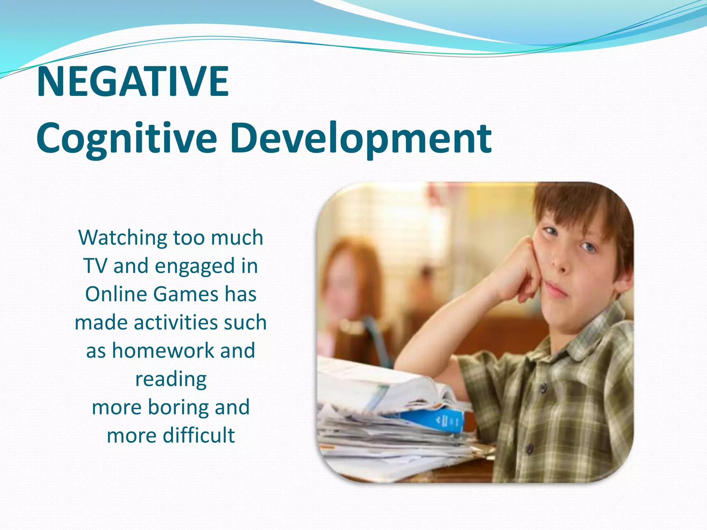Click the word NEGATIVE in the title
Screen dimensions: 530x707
133,82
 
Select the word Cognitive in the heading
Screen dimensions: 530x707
126,139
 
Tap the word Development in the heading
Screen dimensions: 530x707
360,139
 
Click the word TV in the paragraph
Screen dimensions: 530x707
95,266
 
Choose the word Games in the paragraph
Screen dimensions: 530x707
185,294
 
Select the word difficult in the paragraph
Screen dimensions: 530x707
199,435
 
